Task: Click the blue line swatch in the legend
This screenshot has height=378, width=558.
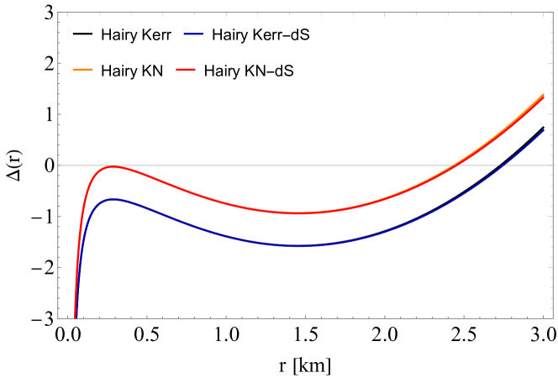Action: click(x=193, y=34)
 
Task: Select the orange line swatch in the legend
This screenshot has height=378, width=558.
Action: click(x=82, y=70)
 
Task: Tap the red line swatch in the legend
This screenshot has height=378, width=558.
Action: click(x=186, y=70)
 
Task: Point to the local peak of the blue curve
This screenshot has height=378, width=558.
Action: click(x=112, y=199)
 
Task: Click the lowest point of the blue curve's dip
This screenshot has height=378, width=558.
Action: click(x=297, y=246)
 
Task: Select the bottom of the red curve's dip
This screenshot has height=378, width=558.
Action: click(x=298, y=213)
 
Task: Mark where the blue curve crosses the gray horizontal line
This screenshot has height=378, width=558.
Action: click(x=503, y=165)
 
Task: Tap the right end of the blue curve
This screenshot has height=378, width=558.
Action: click(x=545, y=130)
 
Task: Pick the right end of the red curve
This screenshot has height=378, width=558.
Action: click(x=545, y=97)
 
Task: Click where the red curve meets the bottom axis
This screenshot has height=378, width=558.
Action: click(x=76, y=318)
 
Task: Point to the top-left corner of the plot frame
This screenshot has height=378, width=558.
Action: click(x=58, y=13)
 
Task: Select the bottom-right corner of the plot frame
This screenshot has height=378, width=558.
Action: click(x=553, y=318)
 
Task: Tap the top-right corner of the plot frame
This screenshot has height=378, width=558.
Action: click(x=553, y=13)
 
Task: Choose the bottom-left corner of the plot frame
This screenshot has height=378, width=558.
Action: click(x=58, y=318)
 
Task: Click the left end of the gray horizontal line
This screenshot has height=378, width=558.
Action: click(x=59, y=165)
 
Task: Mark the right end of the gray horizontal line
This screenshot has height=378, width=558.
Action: click(x=552, y=165)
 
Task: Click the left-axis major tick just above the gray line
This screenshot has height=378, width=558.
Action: click(x=61, y=114)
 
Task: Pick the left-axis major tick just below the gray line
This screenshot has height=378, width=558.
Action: click(x=61, y=217)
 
